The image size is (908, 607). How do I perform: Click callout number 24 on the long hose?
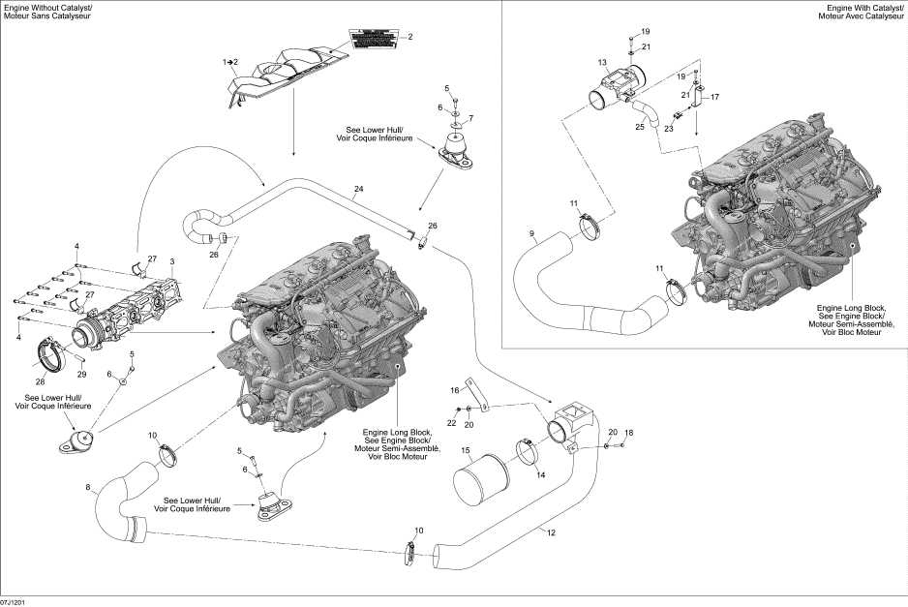[x=358, y=188]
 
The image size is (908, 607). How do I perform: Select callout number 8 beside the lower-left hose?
[x=88, y=486]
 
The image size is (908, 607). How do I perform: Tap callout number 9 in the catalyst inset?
[x=531, y=233]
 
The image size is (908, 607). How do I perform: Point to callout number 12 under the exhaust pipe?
[x=552, y=531]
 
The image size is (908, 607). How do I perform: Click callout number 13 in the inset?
[x=601, y=62]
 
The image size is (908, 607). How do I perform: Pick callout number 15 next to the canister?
[x=465, y=450]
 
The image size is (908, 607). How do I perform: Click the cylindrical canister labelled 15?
[x=481, y=476]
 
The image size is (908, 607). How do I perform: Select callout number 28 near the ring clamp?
[x=40, y=382]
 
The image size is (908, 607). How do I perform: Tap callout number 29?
[x=81, y=374]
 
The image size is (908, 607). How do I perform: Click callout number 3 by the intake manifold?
[x=171, y=261]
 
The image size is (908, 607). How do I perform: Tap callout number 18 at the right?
[x=628, y=432]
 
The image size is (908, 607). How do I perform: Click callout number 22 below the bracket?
[x=451, y=424]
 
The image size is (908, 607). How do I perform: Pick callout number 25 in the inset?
[x=639, y=126]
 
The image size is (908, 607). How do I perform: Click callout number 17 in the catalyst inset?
[x=715, y=97]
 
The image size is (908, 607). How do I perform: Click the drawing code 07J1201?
[x=14, y=601]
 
